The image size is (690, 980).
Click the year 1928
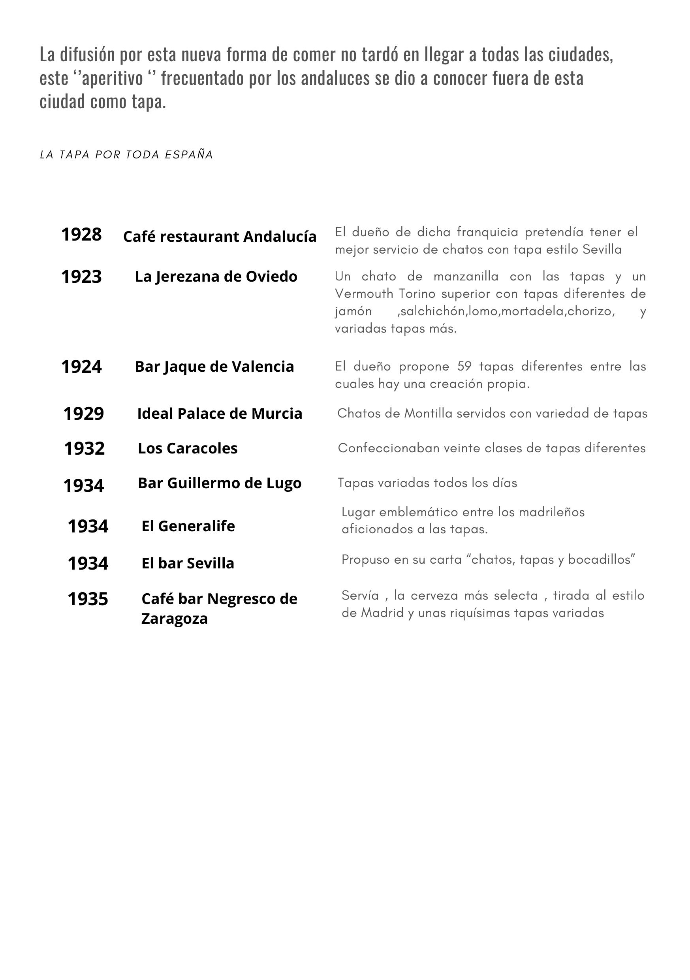pos(81,234)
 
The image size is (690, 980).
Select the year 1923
pos(81,277)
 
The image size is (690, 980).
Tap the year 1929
pos(83,413)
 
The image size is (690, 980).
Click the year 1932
pos(84,448)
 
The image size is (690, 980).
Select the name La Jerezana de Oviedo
pos(216,277)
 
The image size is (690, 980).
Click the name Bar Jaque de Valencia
pos(214,366)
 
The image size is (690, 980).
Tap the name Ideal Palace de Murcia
pos(219,413)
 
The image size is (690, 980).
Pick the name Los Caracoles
pos(187,448)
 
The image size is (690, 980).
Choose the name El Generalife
pos(188,526)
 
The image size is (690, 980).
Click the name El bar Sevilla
pos(188,563)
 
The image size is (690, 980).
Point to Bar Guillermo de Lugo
pos(219,483)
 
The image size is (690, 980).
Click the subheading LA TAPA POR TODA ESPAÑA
pos(126,154)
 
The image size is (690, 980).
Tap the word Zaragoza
pos(174,619)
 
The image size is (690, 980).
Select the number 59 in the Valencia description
pos(464,366)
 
